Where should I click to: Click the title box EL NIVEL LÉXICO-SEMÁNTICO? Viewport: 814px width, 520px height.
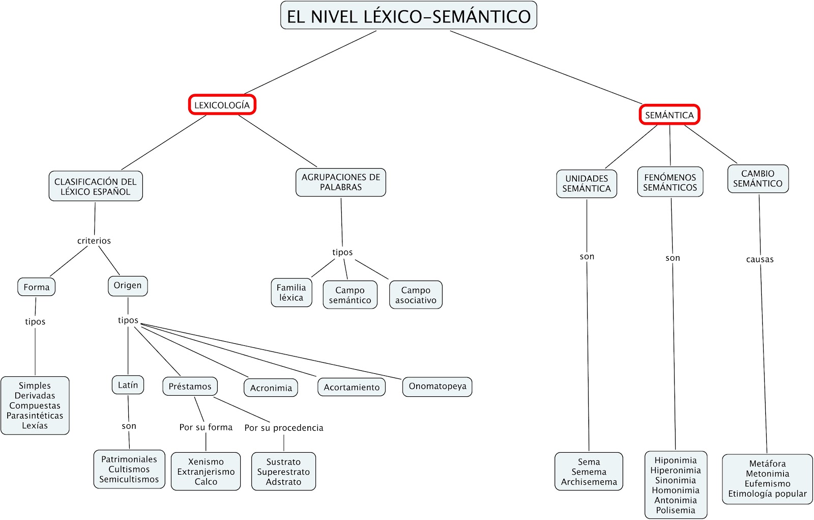(x=409, y=16)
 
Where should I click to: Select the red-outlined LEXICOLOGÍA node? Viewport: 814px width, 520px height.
(x=222, y=105)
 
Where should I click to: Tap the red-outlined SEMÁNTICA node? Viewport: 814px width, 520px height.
(x=670, y=115)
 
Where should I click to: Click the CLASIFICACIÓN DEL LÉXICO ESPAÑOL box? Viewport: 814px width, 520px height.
(x=96, y=186)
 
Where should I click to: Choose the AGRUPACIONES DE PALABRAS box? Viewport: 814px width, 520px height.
(x=341, y=182)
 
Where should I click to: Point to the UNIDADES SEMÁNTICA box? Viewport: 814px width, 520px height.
(x=587, y=183)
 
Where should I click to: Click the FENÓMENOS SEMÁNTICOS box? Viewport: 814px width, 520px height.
(x=670, y=182)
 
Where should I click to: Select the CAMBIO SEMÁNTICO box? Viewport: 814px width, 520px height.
(x=758, y=178)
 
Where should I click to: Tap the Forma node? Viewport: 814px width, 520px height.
(x=37, y=287)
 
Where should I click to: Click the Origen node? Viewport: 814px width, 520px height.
(x=128, y=285)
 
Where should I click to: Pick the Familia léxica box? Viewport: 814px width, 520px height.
(x=291, y=292)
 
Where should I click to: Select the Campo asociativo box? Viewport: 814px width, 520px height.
(x=416, y=295)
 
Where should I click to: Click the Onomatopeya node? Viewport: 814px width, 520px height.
(x=438, y=386)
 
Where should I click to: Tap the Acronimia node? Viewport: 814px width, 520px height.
(x=271, y=388)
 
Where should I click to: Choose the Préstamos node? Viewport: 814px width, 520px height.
(x=190, y=386)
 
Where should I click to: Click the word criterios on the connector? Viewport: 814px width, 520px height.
(x=94, y=240)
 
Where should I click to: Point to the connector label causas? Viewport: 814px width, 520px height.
(x=760, y=259)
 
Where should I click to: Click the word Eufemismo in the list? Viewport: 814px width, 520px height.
(x=767, y=483)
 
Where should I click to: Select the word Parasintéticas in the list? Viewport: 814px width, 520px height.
(x=35, y=416)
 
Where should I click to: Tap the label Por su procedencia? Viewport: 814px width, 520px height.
(x=284, y=428)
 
